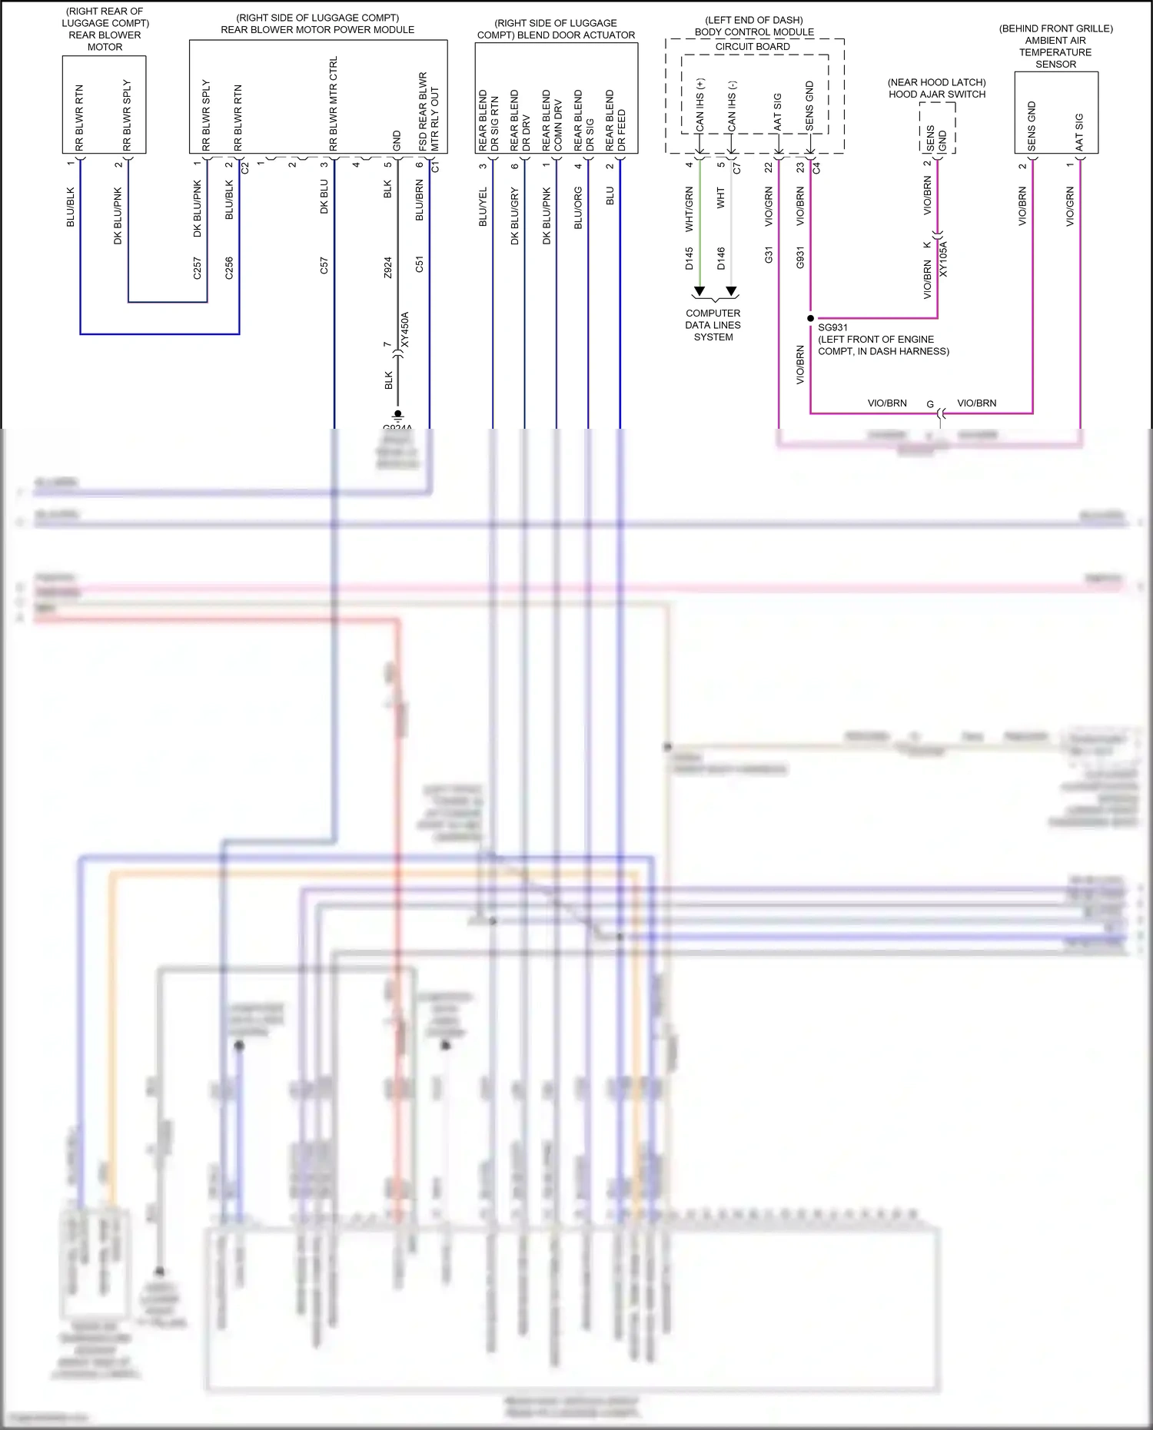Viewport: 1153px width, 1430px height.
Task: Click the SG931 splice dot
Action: [x=810, y=318]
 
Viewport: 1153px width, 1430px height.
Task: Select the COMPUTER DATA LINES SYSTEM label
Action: [x=713, y=325]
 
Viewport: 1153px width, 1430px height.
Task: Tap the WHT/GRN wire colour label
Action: [x=689, y=210]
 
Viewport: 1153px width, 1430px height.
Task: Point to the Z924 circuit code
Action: [x=387, y=267]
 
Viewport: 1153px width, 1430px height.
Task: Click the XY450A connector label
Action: [x=405, y=330]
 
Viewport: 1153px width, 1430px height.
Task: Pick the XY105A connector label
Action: [x=943, y=259]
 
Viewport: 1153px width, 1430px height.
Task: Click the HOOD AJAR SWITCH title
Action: [x=937, y=95]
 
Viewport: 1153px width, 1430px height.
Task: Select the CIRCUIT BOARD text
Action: [x=753, y=47]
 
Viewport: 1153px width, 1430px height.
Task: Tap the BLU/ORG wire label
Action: [x=578, y=208]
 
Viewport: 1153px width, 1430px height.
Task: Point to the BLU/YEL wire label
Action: [x=483, y=207]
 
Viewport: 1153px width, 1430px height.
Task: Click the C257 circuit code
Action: [x=197, y=268]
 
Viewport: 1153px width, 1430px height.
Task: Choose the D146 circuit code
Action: [x=721, y=258]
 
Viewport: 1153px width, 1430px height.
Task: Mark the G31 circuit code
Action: [x=769, y=255]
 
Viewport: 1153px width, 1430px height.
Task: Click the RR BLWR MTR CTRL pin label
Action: [x=334, y=104]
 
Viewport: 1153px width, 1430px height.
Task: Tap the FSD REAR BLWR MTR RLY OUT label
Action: [x=429, y=112]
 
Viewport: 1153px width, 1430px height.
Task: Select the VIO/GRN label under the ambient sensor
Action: [x=1070, y=207]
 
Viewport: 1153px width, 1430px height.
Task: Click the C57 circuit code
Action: [x=324, y=266]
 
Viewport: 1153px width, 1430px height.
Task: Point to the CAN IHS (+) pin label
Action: [x=699, y=105]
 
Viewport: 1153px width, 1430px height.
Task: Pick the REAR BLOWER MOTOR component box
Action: [x=104, y=105]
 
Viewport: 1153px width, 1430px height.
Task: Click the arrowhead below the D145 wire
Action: [x=699, y=291]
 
